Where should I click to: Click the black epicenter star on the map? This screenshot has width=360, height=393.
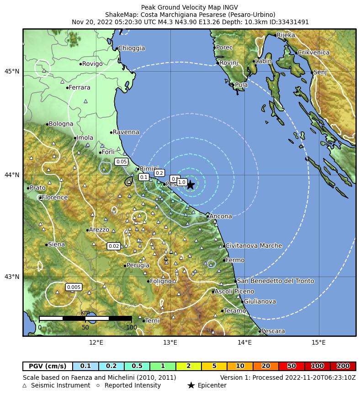click(191, 184)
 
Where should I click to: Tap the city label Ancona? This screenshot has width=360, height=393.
click(221, 216)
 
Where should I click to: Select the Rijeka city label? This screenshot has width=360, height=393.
click(286, 35)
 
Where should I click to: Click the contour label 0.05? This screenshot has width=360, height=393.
click(122, 162)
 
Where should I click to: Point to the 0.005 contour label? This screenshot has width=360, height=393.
click(74, 287)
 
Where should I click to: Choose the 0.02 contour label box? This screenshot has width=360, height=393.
click(114, 246)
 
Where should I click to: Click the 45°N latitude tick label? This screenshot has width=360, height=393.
click(12, 72)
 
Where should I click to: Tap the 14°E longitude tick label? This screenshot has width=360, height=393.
click(244, 342)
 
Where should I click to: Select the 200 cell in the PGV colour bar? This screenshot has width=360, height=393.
click(343, 366)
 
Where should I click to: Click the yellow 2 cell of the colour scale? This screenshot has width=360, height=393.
click(189, 366)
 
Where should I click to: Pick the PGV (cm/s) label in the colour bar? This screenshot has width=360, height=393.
click(48, 366)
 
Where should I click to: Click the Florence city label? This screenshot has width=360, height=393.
click(54, 198)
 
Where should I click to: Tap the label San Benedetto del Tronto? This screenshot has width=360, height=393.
click(275, 281)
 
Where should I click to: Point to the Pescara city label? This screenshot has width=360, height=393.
click(273, 331)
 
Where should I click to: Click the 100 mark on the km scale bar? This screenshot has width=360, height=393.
click(132, 327)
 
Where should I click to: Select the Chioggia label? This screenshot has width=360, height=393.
click(132, 48)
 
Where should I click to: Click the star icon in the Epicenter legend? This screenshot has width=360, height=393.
click(191, 385)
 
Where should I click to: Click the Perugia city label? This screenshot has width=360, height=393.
click(138, 266)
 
